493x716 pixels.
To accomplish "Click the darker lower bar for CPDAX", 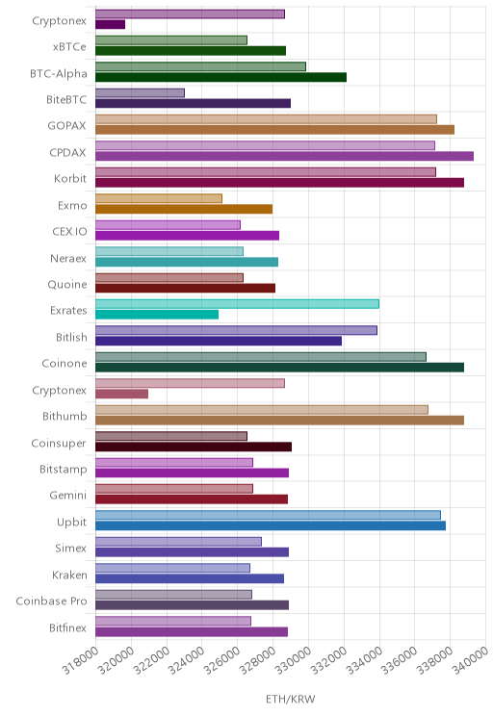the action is tap(284, 156).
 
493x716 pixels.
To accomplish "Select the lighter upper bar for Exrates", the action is tap(237, 304).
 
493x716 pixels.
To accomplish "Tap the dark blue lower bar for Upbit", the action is tap(271, 525).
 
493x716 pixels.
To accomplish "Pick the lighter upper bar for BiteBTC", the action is tap(140, 92).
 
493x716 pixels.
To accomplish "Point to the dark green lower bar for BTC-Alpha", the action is tap(221, 77).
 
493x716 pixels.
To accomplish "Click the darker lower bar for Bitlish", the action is tap(219, 341).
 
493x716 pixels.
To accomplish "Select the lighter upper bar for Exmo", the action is tap(159, 198).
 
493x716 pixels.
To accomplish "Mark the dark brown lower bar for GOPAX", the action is tap(274, 130).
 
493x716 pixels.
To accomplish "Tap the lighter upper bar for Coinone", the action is tap(261, 357).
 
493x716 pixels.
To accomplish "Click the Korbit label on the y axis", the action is tap(70, 178).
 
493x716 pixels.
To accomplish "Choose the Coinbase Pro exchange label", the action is tap(51, 601).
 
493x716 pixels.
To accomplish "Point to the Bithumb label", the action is tap(65, 416).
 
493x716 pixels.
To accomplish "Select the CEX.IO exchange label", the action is tap(69, 231).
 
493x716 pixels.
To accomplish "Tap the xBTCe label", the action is tap(69, 46).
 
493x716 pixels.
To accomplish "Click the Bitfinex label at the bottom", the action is tap(67, 627).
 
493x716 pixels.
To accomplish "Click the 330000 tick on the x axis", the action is tap(294, 659).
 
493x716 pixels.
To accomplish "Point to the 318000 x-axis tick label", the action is tap(81, 659).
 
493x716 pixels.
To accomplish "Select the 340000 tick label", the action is tap(471, 659).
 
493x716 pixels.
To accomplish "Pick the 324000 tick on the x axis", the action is tap(187, 659).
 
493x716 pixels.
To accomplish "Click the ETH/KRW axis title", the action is tap(291, 699).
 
